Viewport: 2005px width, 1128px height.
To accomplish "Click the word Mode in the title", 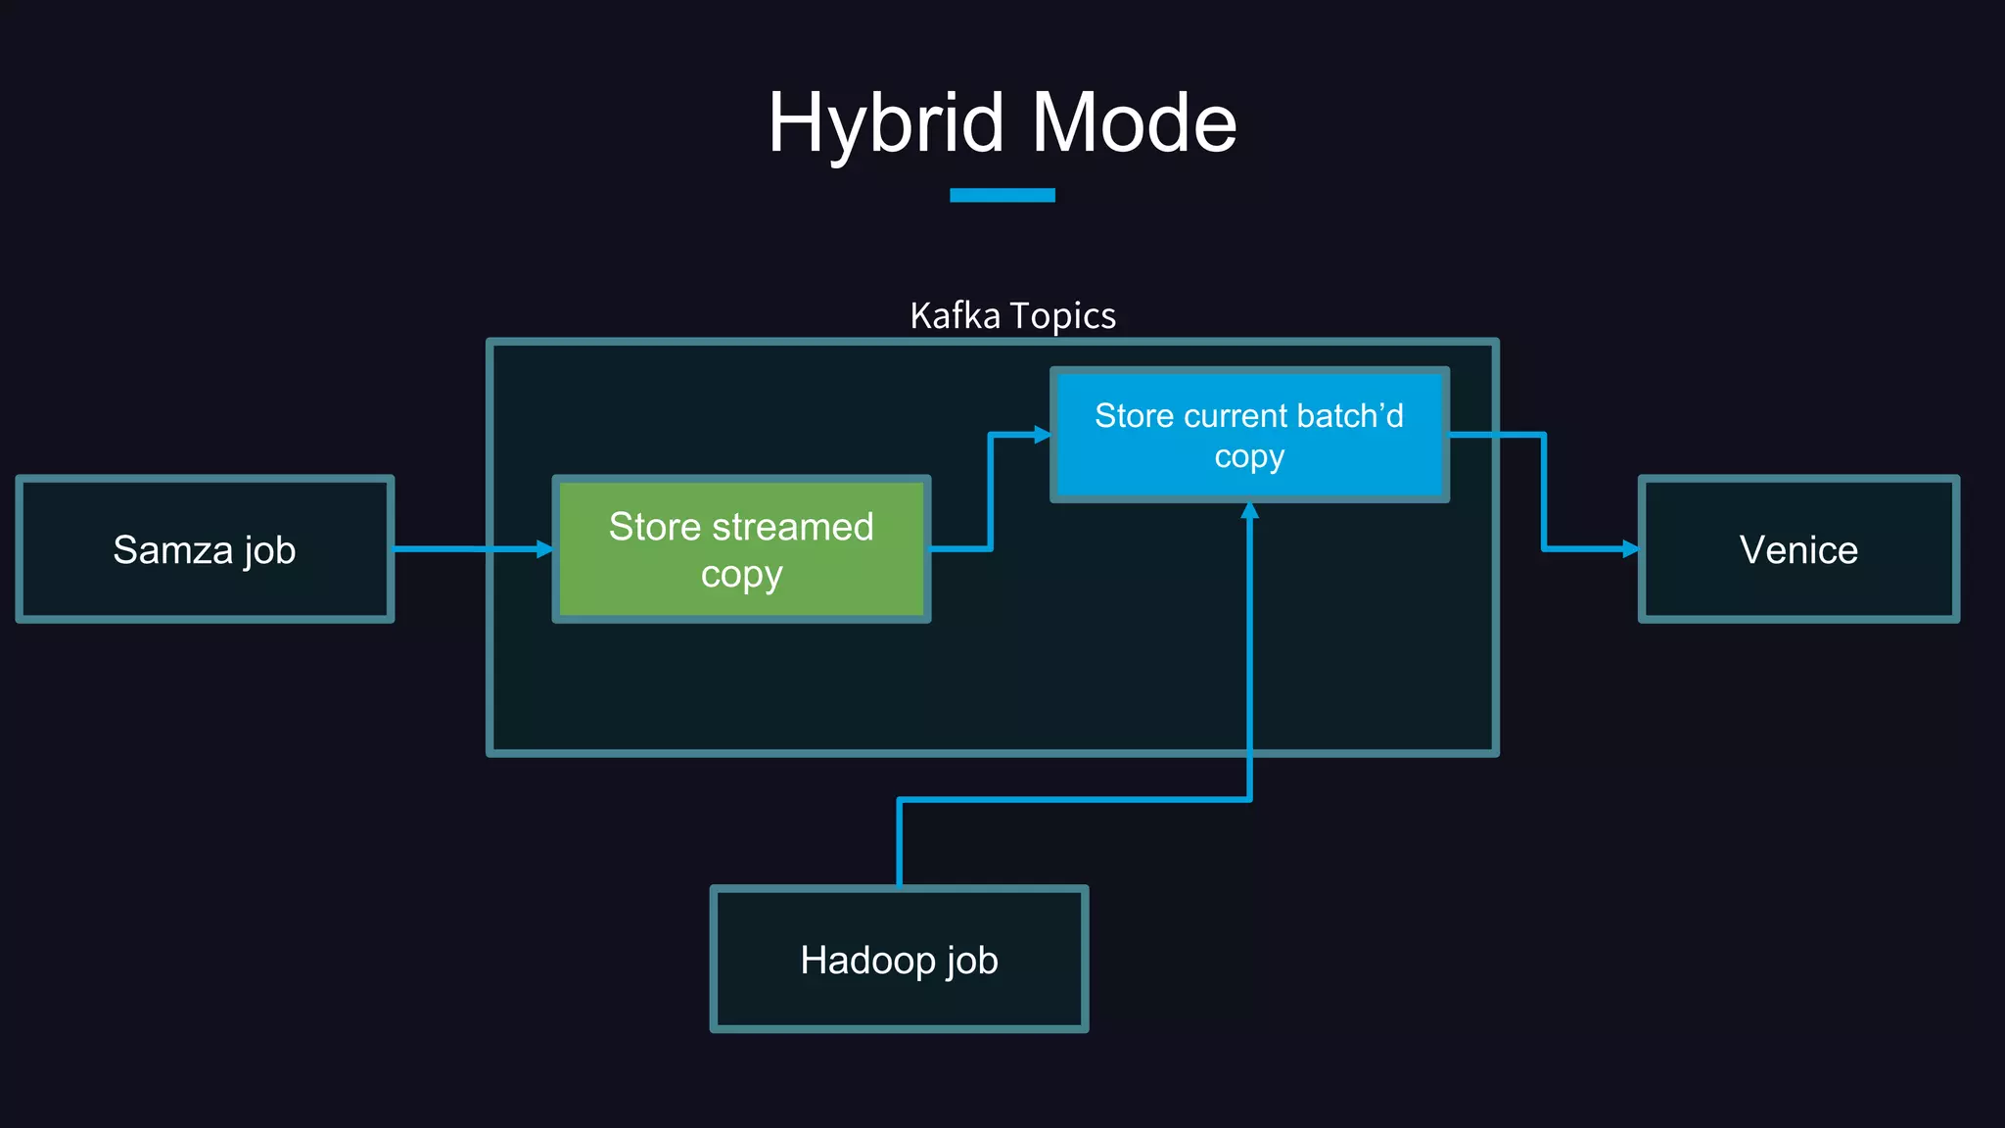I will click(1135, 124).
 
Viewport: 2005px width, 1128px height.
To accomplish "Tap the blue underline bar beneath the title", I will click(1002, 195).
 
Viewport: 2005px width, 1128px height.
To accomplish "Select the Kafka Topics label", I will click(1012, 316).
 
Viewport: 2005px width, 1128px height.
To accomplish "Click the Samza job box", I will click(205, 549).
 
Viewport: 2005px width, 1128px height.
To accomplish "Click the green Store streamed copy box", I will click(741, 549).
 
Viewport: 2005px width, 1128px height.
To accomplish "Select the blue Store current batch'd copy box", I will click(1249, 435).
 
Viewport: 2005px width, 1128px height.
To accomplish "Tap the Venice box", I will click(1798, 549).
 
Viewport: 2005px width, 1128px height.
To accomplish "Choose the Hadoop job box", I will click(899, 960).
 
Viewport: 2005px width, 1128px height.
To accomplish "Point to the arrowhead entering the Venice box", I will click(1630, 549).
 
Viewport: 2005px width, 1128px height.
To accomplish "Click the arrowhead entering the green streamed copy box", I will click(544, 549).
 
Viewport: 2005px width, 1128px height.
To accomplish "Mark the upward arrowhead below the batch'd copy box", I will click(1249, 511).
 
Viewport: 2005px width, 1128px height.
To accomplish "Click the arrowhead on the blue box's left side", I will click(1042, 435).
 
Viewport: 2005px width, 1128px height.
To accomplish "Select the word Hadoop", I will click(867, 960).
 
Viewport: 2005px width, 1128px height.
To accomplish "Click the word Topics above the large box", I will click(1062, 316).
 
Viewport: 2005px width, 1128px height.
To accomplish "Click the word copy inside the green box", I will click(741, 575).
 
